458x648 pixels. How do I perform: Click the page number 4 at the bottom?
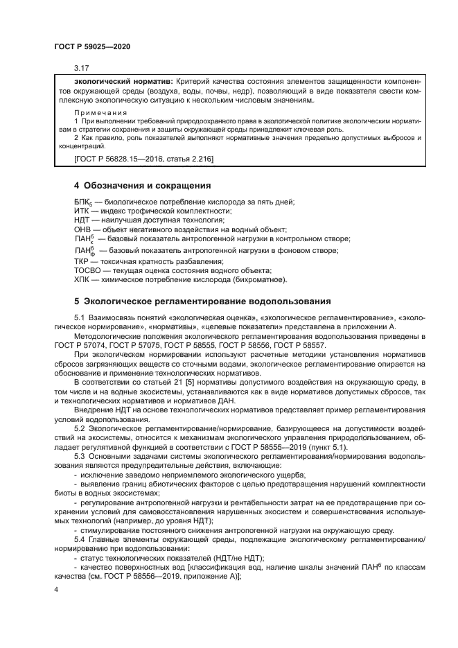pos(56,590)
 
